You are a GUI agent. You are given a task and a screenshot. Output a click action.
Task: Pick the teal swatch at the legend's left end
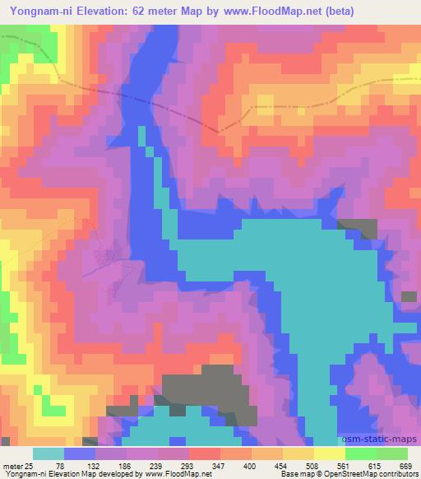(49, 453)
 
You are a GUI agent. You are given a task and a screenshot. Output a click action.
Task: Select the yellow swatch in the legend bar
(299, 453)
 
